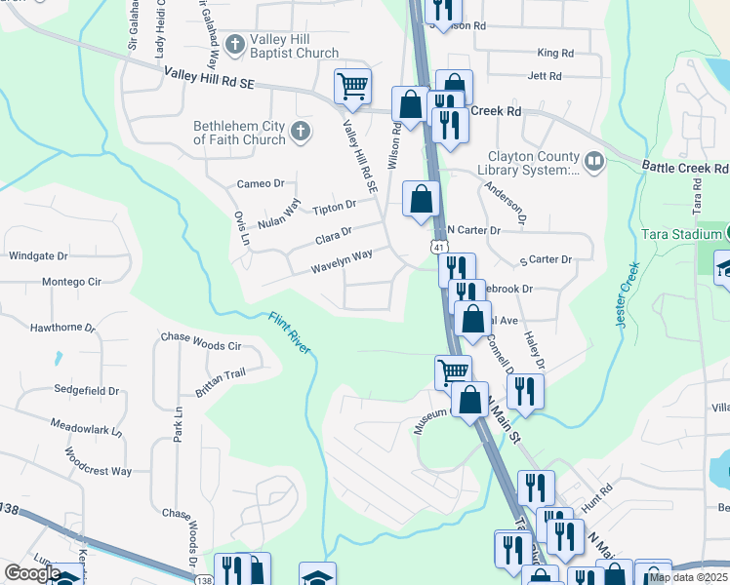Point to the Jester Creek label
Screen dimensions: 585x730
(x=627, y=295)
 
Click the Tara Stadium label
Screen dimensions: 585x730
(x=679, y=234)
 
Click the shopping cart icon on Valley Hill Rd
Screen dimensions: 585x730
(x=351, y=85)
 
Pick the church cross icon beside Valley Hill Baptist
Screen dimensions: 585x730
(x=234, y=44)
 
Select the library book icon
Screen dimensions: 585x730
(x=593, y=160)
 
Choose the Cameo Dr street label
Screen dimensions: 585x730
(x=261, y=183)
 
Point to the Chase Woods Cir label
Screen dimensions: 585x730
(x=201, y=345)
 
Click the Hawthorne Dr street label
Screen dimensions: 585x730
(x=62, y=329)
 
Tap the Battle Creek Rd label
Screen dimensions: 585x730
(x=684, y=168)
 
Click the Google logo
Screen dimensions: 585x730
(x=32, y=573)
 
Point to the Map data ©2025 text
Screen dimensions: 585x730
(x=688, y=577)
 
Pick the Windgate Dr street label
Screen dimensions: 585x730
(x=38, y=256)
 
